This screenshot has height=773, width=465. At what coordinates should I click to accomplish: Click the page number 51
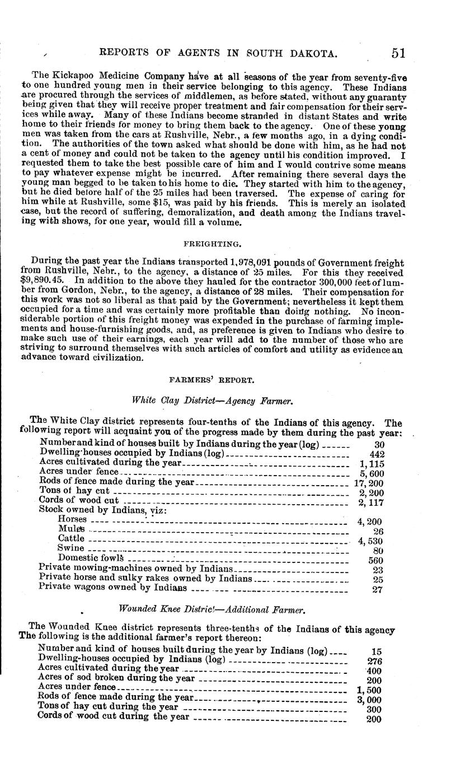[398, 53]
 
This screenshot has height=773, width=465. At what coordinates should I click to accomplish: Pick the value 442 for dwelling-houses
[378, 454]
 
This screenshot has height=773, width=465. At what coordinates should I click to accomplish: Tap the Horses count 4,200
[369, 521]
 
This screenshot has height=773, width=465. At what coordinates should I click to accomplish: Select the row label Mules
[72, 529]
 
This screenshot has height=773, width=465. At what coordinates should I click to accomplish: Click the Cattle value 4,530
[369, 541]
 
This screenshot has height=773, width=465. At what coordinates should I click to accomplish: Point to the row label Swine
[71, 548]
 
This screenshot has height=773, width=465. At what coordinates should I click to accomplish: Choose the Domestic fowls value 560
[375, 560]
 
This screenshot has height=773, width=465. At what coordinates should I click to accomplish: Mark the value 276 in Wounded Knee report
[373, 661]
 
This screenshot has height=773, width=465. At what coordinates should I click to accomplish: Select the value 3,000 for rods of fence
[369, 699]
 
